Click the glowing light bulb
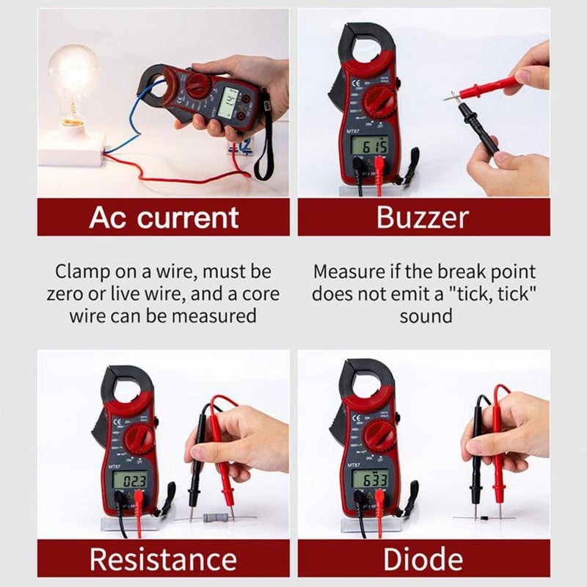click(73, 81)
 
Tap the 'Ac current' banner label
click(164, 217)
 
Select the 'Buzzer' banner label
click(423, 217)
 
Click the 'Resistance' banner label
click(164, 559)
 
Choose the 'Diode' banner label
click(423, 559)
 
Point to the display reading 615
click(369, 146)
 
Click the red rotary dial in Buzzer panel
click(379, 101)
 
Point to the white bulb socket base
click(72, 150)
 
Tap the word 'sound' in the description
click(423, 317)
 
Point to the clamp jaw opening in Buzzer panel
click(367, 49)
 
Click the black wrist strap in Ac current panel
click(263, 147)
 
